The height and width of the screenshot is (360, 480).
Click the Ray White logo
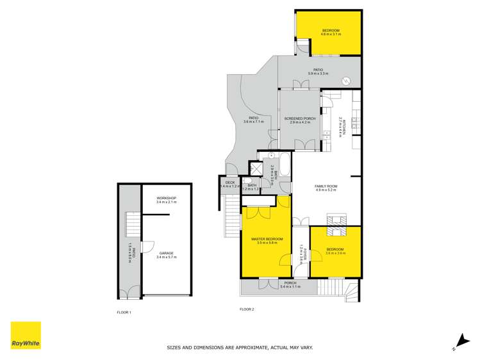pos(26,336)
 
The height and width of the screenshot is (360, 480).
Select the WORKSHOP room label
pos(166,199)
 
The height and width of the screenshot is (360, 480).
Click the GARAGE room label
pos(166,253)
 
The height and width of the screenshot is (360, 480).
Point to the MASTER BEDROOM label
pos(266,239)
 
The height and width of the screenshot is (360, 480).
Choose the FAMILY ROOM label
pos(326,186)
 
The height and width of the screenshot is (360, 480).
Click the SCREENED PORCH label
pos(300,119)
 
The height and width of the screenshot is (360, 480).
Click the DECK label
pos(230,183)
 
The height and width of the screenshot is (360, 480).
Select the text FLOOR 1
pos(124,312)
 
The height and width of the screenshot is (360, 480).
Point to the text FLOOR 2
pos(247,309)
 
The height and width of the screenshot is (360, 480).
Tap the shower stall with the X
pos(255,168)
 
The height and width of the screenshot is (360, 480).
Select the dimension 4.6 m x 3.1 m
pos(331,35)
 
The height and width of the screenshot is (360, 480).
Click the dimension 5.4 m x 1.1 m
pos(290,286)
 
